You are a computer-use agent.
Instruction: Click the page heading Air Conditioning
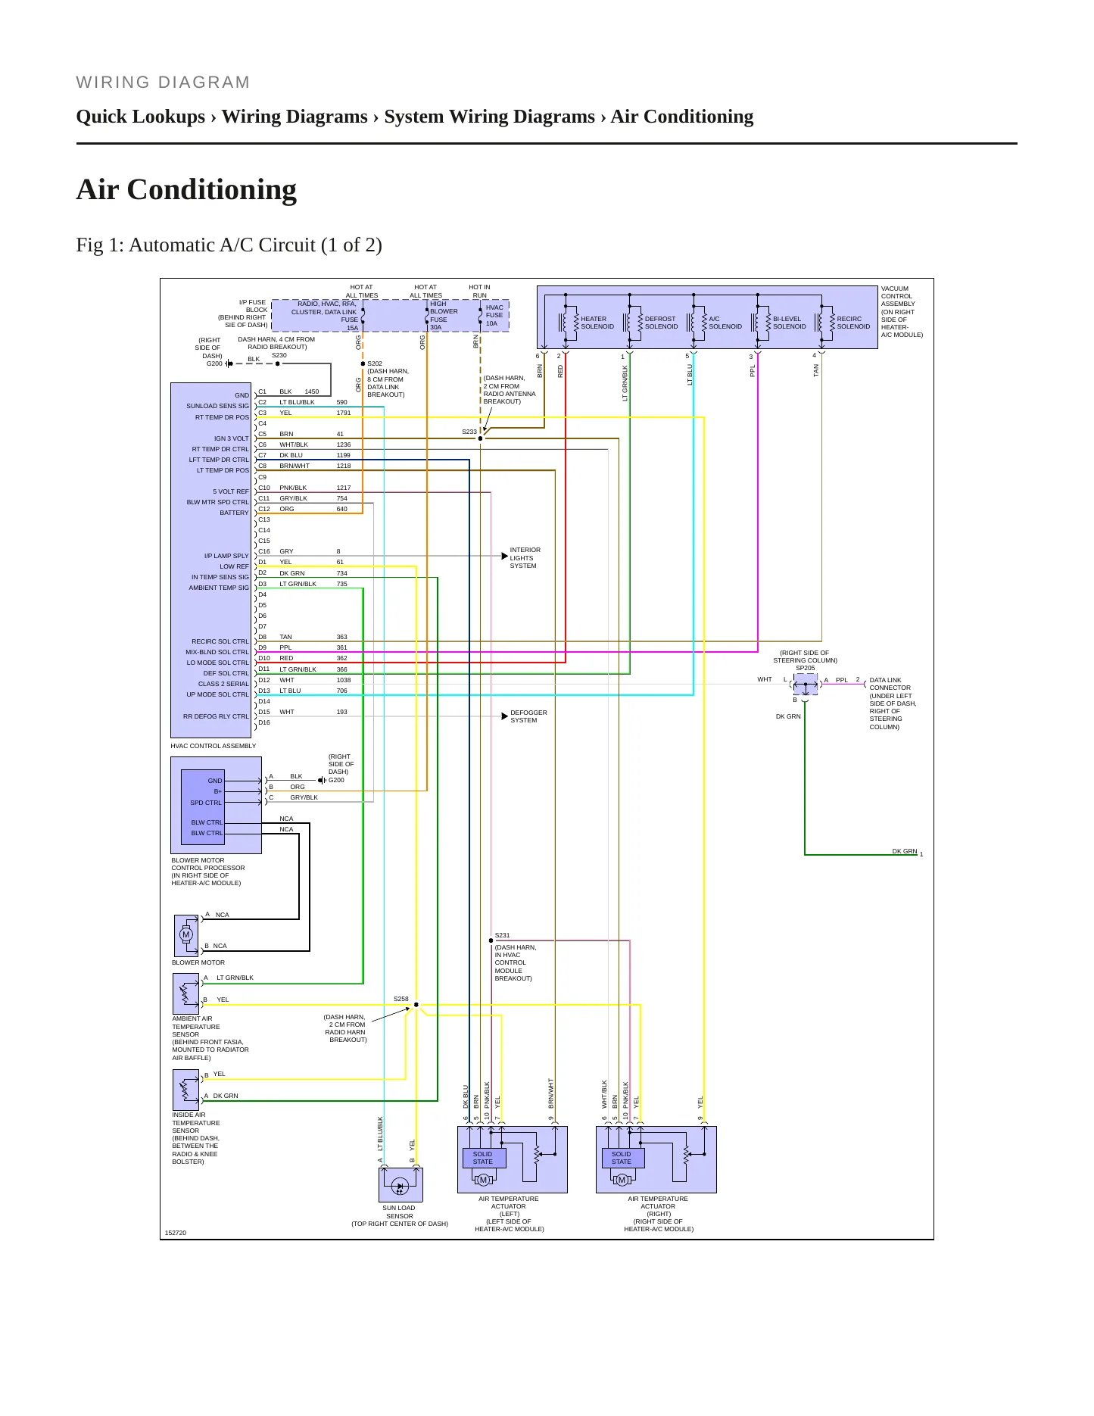click(186, 189)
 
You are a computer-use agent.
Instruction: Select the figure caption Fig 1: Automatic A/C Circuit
click(229, 245)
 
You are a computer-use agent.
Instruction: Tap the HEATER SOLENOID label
click(597, 323)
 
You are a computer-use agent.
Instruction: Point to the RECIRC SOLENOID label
click(853, 323)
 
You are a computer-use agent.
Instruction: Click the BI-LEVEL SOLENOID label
click(790, 323)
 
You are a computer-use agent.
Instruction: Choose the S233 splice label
click(469, 432)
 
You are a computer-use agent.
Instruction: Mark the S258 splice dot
click(416, 1005)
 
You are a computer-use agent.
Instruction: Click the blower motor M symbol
click(186, 934)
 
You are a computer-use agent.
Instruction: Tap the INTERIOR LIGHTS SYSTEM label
click(525, 558)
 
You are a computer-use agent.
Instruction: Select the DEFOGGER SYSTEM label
click(528, 716)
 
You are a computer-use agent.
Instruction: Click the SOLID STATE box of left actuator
click(483, 1158)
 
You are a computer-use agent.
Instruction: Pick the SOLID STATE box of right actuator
click(622, 1158)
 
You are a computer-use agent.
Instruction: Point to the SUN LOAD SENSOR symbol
click(401, 1184)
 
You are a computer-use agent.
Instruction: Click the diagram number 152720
click(176, 1233)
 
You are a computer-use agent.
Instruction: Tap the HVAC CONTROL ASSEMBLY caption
click(214, 746)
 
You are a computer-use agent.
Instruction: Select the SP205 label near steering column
click(806, 668)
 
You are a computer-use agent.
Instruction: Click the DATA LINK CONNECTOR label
click(890, 684)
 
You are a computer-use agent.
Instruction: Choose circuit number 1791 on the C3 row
click(344, 413)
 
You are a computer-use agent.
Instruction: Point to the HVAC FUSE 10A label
click(494, 316)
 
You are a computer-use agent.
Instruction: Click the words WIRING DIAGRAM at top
click(164, 83)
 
